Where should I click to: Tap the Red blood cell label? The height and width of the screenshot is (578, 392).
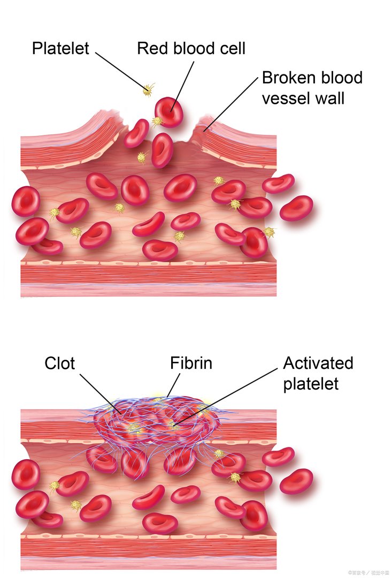pyautogui.click(x=191, y=48)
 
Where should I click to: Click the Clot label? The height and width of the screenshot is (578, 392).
pyautogui.click(x=60, y=364)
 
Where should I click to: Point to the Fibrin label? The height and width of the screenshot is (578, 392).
pyautogui.click(x=191, y=363)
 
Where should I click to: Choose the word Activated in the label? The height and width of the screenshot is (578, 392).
pyautogui.click(x=318, y=363)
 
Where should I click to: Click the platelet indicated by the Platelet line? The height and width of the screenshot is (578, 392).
pyautogui.click(x=148, y=90)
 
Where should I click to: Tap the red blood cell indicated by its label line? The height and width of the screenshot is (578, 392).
pyautogui.click(x=170, y=112)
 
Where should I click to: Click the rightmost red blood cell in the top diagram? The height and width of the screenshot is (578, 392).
pyautogui.click(x=296, y=208)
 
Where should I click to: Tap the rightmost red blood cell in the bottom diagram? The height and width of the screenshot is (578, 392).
pyautogui.click(x=296, y=481)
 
